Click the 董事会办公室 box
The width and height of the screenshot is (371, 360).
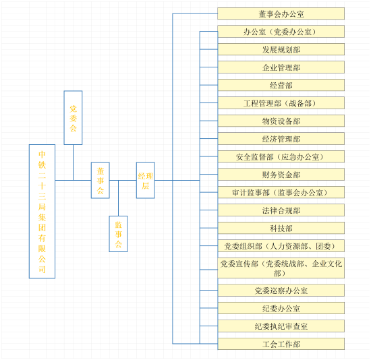pyautogui.click(x=281, y=13)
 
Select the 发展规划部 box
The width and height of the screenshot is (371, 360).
pyautogui.click(x=281, y=49)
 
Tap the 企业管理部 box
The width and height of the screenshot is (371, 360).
pyautogui.click(x=281, y=67)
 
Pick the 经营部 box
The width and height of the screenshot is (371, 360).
pyautogui.click(x=281, y=85)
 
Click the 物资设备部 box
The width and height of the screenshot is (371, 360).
pyautogui.click(x=281, y=121)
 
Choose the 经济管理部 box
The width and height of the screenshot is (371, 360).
pyautogui.click(x=281, y=139)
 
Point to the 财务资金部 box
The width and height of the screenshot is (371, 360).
pyautogui.click(x=281, y=175)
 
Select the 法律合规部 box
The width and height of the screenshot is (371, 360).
pyautogui.click(x=281, y=210)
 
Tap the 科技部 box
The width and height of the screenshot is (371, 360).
pyautogui.click(x=281, y=228)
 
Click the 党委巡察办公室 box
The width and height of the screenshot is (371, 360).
pyautogui.click(x=281, y=290)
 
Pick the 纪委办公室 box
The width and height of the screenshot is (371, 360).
pyautogui.click(x=281, y=308)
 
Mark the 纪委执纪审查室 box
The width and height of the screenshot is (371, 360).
pyautogui.click(x=281, y=326)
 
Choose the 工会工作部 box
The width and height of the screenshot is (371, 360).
pyautogui.click(x=281, y=344)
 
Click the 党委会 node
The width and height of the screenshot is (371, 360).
pyautogui.click(x=73, y=117)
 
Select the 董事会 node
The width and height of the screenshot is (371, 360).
pyautogui.click(x=101, y=180)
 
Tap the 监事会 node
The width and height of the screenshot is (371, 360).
pyautogui.click(x=118, y=234)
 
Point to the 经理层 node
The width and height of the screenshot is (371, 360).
pyautogui.click(x=146, y=180)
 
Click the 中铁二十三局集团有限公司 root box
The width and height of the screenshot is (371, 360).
pyautogui.click(x=42, y=211)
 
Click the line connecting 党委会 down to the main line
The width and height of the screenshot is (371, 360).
pyautogui.click(x=73, y=162)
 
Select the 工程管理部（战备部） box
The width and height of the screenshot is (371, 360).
pyautogui.click(x=281, y=103)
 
